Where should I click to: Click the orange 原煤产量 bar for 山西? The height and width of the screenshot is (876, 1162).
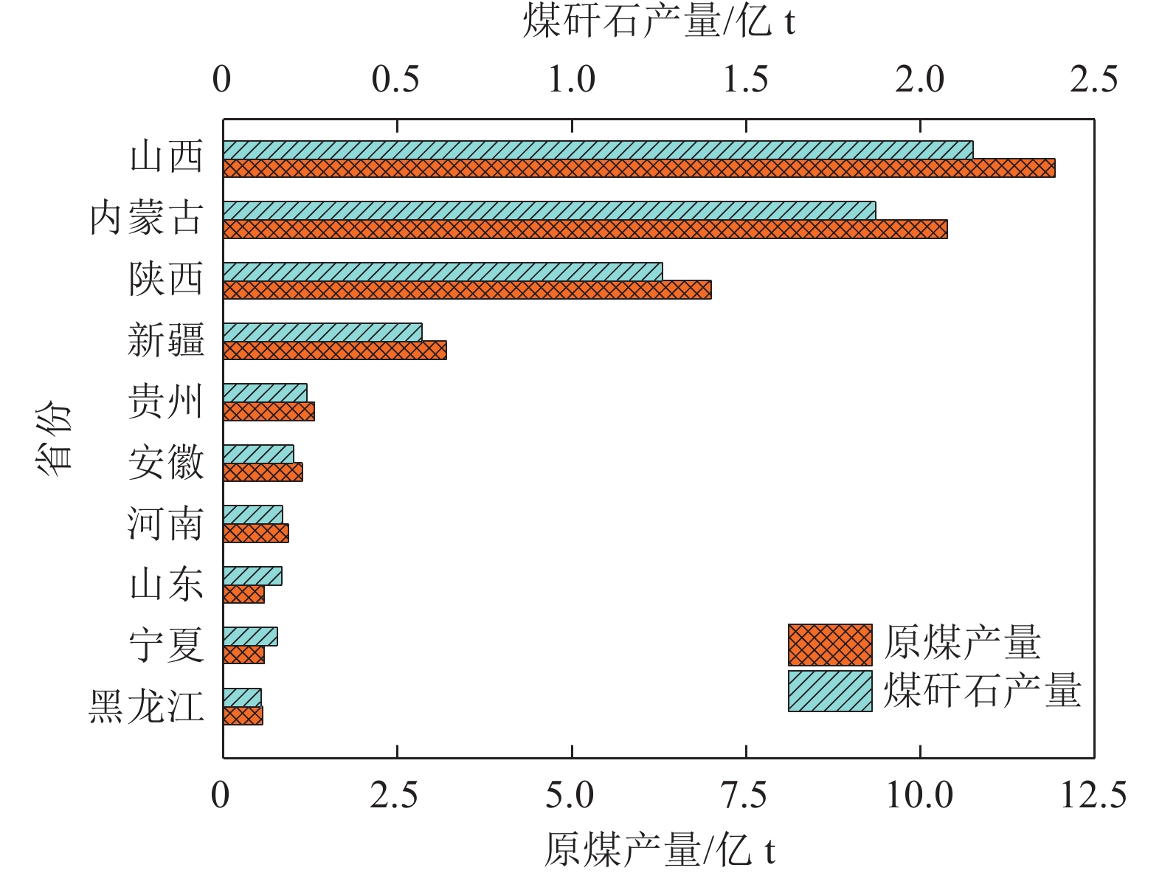(x=638, y=168)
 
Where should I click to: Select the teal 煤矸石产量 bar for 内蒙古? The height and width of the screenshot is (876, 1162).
(x=549, y=210)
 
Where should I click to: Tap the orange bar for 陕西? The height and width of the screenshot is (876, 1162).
(x=467, y=290)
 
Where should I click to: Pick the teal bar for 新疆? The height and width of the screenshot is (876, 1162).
(x=322, y=332)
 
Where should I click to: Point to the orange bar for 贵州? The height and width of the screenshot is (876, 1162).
(x=269, y=412)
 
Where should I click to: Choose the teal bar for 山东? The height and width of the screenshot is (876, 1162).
(x=252, y=576)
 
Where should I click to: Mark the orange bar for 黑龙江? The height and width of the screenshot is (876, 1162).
(x=243, y=716)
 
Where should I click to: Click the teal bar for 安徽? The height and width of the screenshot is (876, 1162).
(x=258, y=454)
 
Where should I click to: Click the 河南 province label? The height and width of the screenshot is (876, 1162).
(x=165, y=524)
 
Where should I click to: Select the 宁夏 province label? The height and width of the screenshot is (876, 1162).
(x=166, y=645)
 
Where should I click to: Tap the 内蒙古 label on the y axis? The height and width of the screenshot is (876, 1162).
(x=146, y=218)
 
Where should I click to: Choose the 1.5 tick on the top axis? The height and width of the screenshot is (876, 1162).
(x=745, y=80)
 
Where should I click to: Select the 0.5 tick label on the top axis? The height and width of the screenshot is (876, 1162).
(x=396, y=80)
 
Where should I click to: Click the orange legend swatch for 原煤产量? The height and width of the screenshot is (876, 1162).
(x=830, y=645)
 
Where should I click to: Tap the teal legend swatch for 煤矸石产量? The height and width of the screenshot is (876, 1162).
(x=830, y=691)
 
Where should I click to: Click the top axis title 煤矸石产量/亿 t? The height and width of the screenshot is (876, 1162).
(x=659, y=21)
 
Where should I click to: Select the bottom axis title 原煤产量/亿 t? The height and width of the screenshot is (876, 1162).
(x=659, y=850)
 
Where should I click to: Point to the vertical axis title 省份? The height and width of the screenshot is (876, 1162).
(x=53, y=438)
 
